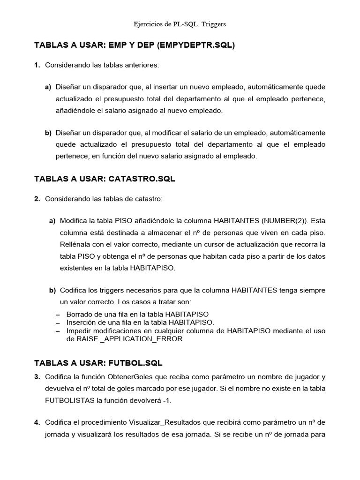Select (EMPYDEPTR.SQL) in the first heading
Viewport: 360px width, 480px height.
(x=196, y=45)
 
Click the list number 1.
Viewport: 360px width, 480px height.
(x=37, y=65)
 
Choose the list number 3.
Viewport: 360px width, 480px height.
(x=37, y=377)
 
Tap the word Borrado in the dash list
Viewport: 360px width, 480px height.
(x=80, y=314)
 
